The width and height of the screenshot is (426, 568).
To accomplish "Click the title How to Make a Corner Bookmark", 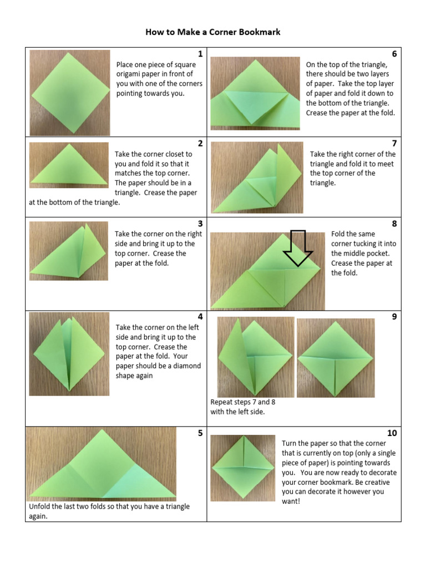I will point(213,32).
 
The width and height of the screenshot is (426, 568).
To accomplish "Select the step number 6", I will point(394,54).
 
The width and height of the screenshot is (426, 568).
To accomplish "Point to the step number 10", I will point(392,433).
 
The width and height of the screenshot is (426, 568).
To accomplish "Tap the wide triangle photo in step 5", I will point(102,464).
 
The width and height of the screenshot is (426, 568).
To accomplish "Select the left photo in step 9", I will point(255,357).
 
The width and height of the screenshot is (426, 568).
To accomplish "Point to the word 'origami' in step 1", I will point(130,74).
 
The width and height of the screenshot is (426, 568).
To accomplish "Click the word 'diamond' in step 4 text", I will point(188,366).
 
